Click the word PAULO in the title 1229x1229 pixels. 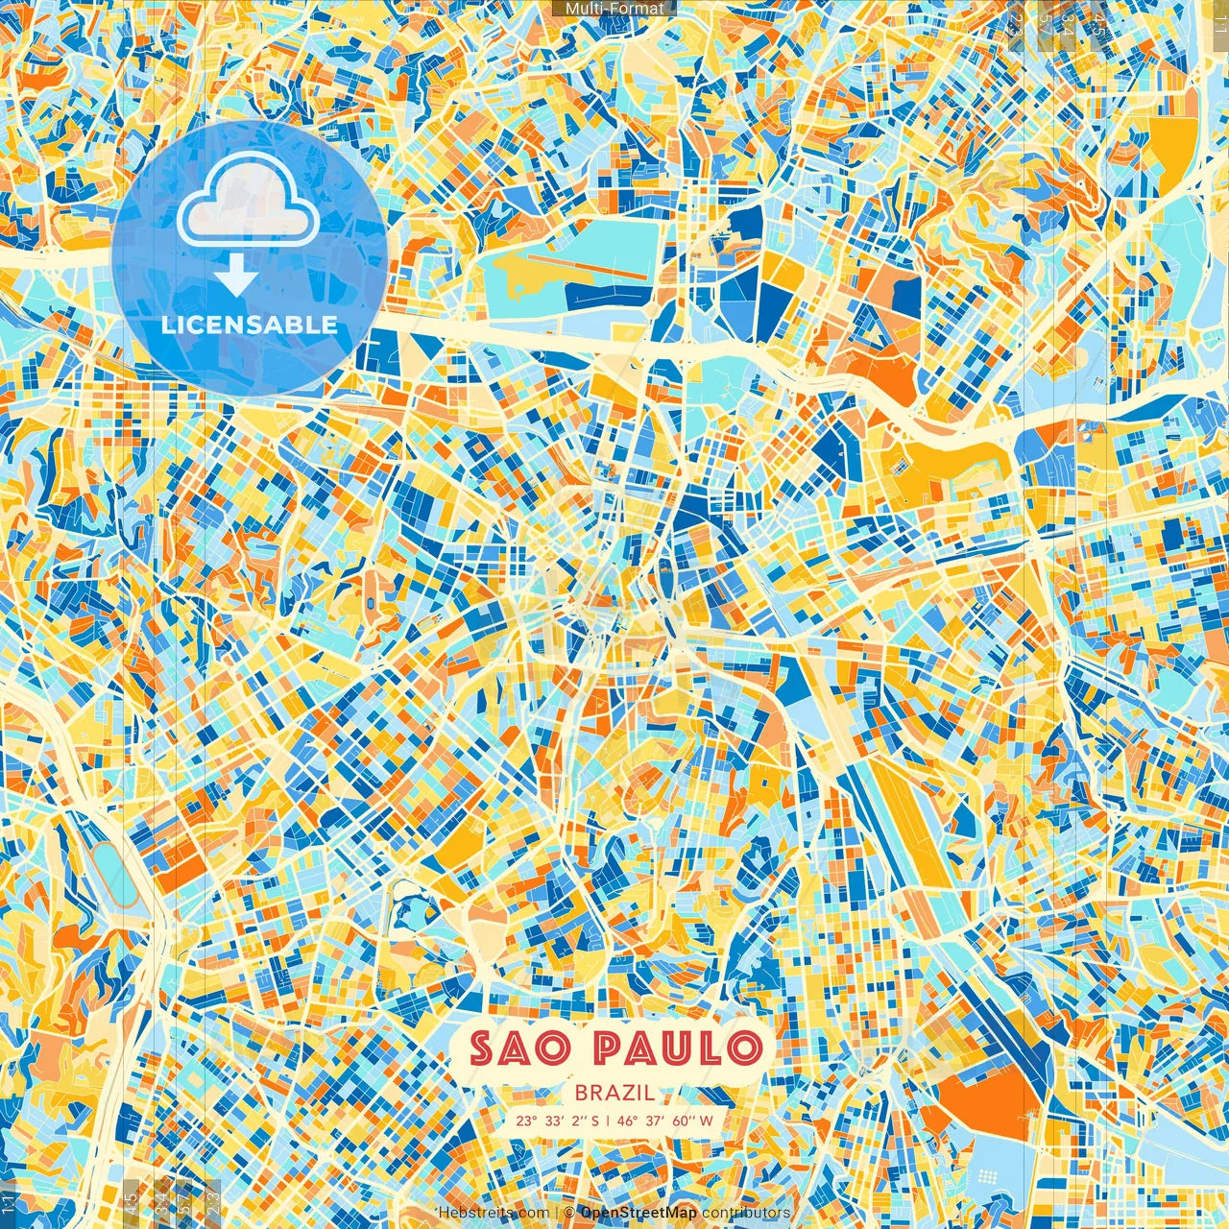click(x=678, y=1048)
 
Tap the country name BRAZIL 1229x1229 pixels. click(x=614, y=1093)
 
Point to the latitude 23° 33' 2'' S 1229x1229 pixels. click(x=557, y=1121)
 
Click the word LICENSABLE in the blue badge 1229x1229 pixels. click(x=250, y=325)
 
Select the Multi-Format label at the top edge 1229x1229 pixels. click(x=614, y=9)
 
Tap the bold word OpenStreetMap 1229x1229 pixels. click(x=639, y=1213)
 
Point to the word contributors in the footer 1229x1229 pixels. click(x=746, y=1213)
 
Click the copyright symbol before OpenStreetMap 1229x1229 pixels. click(x=569, y=1213)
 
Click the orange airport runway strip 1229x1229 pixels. click(x=586, y=266)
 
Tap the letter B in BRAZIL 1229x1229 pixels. click(x=582, y=1093)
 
